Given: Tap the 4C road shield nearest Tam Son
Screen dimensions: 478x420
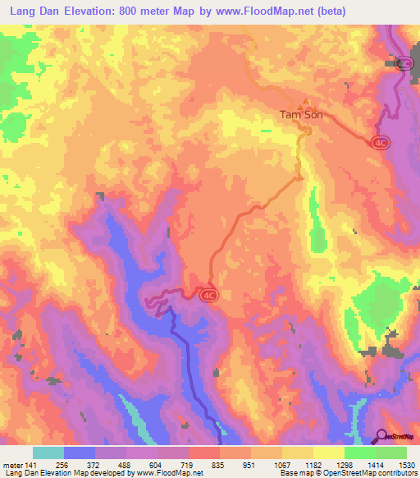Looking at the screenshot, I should [x=379, y=142].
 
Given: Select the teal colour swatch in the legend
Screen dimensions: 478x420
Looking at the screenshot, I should [x=48, y=453].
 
